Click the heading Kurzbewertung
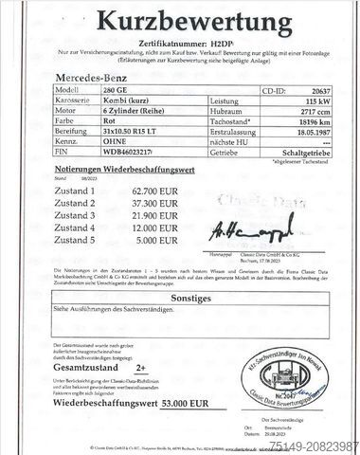tap(180, 22)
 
